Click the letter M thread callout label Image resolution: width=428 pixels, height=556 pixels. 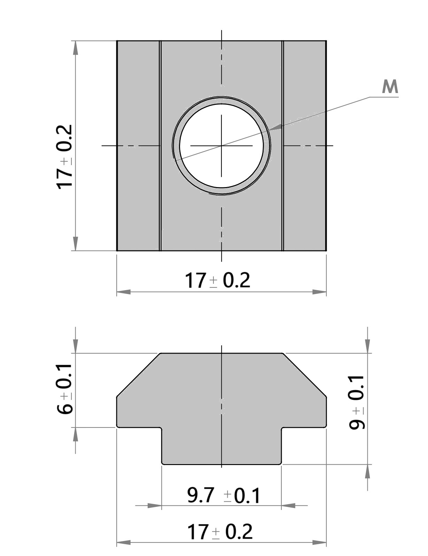click(x=390, y=87)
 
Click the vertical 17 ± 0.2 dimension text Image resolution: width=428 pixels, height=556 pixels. click(x=65, y=157)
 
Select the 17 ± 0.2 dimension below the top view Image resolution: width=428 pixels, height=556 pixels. click(x=217, y=280)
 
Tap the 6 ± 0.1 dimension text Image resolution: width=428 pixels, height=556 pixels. click(x=65, y=389)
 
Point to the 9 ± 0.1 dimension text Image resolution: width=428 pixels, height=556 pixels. click(x=357, y=402)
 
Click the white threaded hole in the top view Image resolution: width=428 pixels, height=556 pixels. click(x=221, y=145)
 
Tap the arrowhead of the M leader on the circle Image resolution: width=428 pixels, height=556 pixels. click(x=275, y=128)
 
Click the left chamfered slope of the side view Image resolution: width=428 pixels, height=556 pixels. click(x=138, y=375)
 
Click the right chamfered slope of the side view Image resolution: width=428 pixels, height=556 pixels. click(x=304, y=375)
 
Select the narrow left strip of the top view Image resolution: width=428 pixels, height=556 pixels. click(x=138, y=145)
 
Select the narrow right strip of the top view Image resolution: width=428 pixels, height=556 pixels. click(x=305, y=145)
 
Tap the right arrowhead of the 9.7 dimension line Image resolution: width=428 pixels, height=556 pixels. click(x=288, y=505)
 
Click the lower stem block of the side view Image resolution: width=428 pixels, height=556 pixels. click(x=221, y=446)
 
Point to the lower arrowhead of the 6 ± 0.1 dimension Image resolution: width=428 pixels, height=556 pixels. click(x=75, y=434)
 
